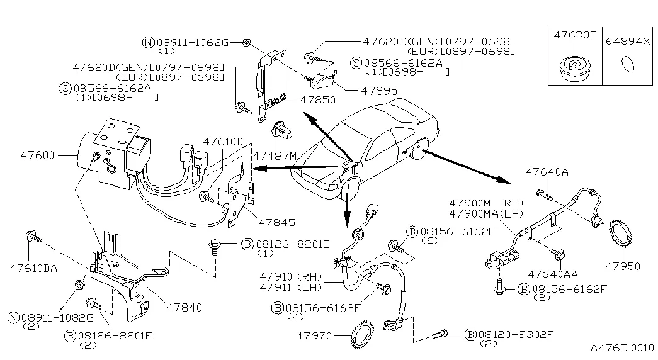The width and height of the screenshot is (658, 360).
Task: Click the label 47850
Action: (317, 100)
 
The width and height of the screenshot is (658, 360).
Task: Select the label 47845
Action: (276, 222)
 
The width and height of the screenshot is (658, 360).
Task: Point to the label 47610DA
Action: (33, 268)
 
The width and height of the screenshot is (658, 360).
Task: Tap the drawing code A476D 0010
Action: (621, 347)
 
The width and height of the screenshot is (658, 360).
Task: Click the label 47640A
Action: (547, 171)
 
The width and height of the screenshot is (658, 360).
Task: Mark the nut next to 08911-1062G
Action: (247, 42)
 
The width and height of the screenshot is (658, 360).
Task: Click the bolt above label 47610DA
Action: (31, 237)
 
